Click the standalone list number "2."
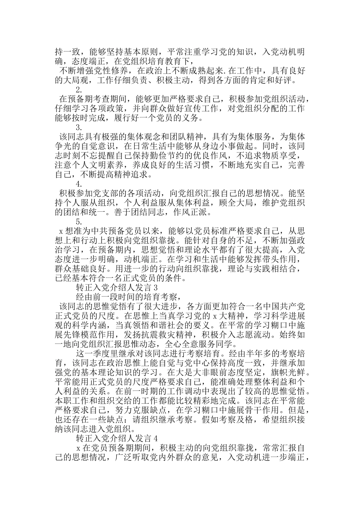click(79, 90)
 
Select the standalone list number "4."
click(79, 184)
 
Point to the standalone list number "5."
click(79, 221)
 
